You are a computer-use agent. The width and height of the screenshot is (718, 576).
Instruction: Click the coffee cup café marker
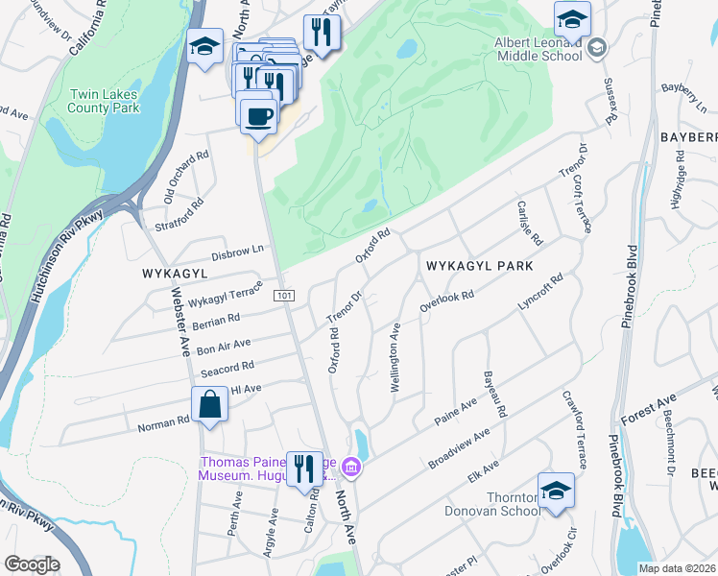(257, 116)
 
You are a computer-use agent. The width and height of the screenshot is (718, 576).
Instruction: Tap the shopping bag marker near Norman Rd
(209, 404)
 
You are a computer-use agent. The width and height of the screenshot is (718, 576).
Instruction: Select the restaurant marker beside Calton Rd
(304, 468)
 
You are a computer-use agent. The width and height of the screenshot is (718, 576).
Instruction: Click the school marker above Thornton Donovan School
(556, 490)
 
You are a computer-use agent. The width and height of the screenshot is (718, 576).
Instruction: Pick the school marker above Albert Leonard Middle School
(572, 18)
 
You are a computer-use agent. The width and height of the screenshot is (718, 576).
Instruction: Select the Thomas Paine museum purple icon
(352, 468)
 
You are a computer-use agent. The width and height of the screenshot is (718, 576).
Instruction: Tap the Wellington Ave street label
(395, 358)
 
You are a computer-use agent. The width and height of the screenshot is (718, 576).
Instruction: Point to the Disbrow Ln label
(237, 253)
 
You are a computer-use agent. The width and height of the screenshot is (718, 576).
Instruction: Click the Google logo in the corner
(32, 564)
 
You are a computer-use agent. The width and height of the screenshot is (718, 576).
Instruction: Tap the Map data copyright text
(677, 568)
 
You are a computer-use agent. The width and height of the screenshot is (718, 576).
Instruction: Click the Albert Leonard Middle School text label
(538, 48)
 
